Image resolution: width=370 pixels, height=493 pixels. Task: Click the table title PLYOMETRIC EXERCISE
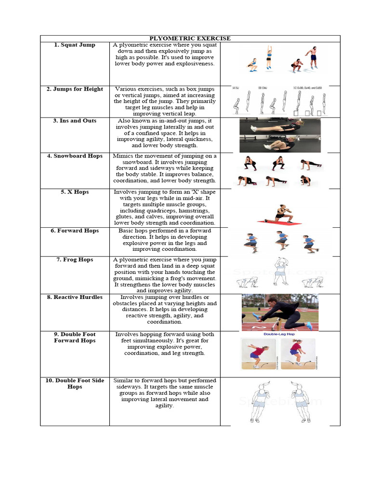pyautogui.click(x=190, y=39)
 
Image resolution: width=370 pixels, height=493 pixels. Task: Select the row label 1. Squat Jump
pyautogui.click(x=75, y=45)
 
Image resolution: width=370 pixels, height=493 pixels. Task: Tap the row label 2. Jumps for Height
pyautogui.click(x=75, y=89)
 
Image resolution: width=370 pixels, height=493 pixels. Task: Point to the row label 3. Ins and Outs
pyautogui.click(x=75, y=121)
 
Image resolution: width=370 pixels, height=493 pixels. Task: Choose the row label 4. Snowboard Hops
pyautogui.click(x=75, y=156)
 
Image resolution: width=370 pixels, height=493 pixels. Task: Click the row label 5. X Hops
pyautogui.click(x=75, y=192)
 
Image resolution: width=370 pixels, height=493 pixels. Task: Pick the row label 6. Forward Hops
pyautogui.click(x=75, y=231)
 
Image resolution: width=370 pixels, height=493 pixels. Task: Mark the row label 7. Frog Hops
pyautogui.click(x=75, y=260)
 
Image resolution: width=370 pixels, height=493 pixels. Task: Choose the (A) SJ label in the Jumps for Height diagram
pyautogui.click(x=236, y=89)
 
